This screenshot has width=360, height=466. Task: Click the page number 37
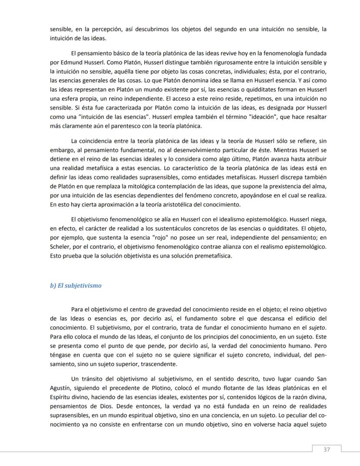(327, 449)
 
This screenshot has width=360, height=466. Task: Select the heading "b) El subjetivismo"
(76, 285)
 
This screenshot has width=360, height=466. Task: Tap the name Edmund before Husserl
(67, 62)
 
